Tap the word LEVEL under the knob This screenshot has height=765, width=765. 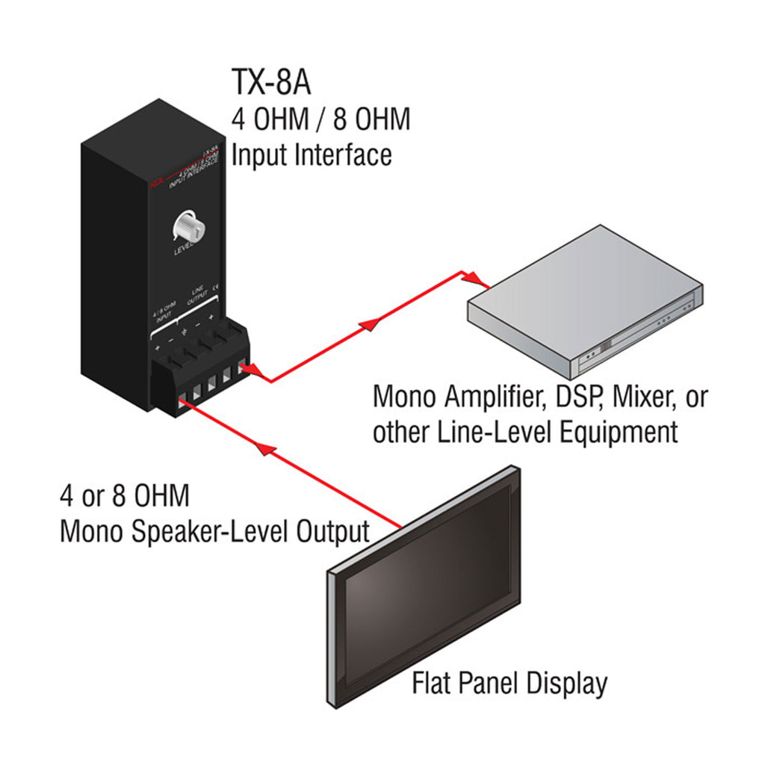(x=184, y=251)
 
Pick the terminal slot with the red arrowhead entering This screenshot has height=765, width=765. (x=241, y=368)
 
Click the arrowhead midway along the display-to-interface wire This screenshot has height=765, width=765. (x=261, y=447)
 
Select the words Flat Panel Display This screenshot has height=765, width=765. (x=510, y=684)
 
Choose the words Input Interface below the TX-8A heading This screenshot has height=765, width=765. (x=312, y=155)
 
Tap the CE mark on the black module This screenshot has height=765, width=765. (x=215, y=285)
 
